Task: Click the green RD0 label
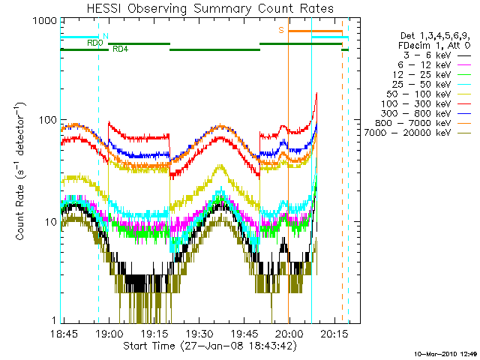[x=94, y=43]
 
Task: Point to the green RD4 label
[x=120, y=49]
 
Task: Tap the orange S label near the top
[x=281, y=30]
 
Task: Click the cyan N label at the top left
[x=105, y=36]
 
